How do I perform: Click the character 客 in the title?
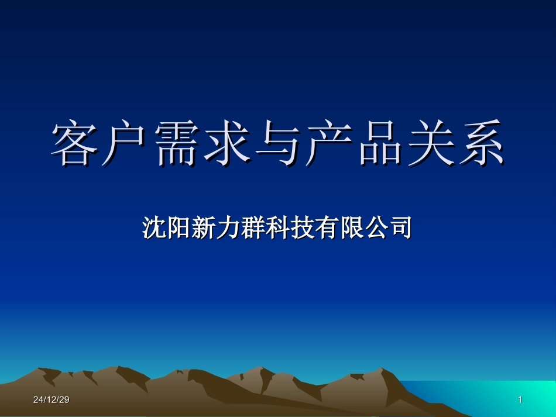pos(75,143)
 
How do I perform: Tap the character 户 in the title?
pos(126,143)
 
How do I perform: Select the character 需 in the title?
pos(176,143)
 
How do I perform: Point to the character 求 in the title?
pos(227,143)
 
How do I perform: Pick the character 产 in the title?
pos(328,143)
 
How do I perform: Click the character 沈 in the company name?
pos(153,228)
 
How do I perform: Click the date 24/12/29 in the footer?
pos(51,400)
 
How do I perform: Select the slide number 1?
pos(520,400)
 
